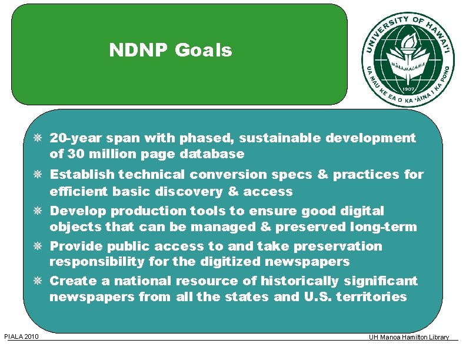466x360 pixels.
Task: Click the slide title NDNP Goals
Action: [x=171, y=51]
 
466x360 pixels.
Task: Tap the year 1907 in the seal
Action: [x=408, y=84]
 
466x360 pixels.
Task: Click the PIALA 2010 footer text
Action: [x=21, y=336]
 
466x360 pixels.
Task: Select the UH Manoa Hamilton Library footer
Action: [x=409, y=337]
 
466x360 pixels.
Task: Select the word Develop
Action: [x=78, y=211]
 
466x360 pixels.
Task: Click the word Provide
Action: [x=76, y=246]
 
